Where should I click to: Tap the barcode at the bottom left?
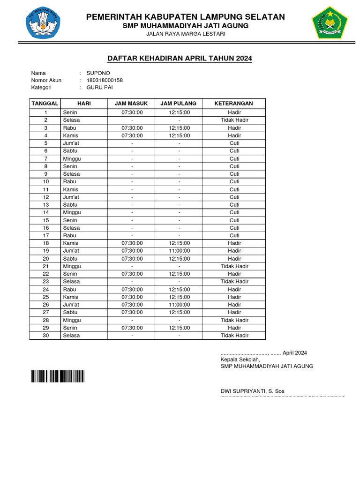[58, 376]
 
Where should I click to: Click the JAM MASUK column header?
[131, 104]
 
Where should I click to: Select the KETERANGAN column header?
[234, 104]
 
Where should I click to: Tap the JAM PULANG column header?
[179, 104]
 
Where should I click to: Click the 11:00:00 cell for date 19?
[179, 251]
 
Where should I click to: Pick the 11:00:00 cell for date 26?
[179, 305]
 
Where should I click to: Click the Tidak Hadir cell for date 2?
[234, 120]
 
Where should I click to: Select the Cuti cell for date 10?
[234, 181]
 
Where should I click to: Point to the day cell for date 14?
[84, 212]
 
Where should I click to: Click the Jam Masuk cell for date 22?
[132, 274]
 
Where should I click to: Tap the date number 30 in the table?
[45, 336]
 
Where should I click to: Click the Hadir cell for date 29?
[234, 328]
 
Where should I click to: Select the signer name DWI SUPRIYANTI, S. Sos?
[252, 391]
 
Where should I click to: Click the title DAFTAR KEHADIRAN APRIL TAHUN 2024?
[180, 59]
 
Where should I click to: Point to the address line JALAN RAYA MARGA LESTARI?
[186, 34]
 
